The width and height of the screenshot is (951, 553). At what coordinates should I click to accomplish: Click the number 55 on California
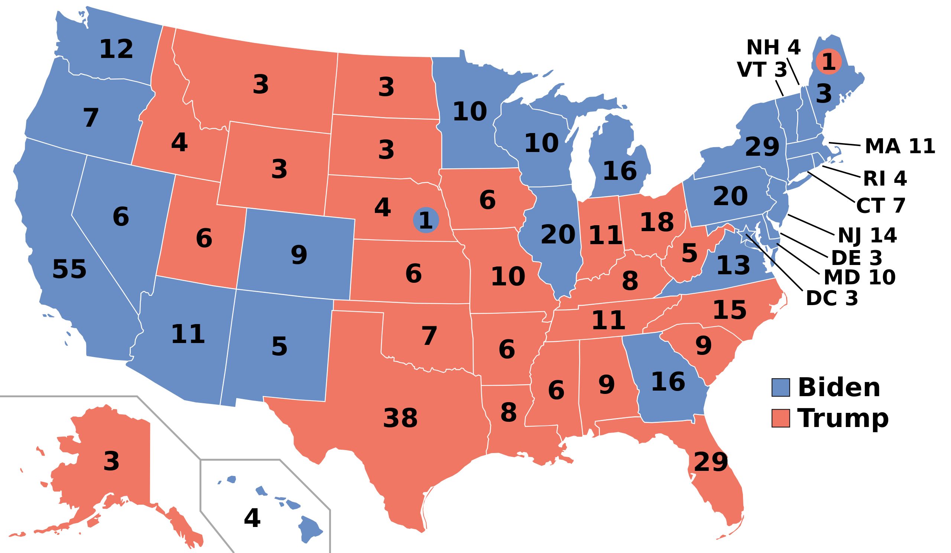coord(69,270)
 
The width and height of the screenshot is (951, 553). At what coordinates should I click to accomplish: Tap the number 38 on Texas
coord(400,418)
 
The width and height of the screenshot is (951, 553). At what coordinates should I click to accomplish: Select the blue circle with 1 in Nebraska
coord(426,220)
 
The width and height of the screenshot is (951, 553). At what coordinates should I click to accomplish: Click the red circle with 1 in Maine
coord(828,62)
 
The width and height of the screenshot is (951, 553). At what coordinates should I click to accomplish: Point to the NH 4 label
coord(773,48)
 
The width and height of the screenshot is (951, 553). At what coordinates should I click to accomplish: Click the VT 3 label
coord(762,70)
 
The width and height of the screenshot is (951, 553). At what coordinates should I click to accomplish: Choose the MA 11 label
coord(900,146)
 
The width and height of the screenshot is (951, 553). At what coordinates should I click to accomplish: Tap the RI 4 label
coord(885,178)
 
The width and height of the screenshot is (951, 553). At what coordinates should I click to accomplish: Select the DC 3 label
coord(832,298)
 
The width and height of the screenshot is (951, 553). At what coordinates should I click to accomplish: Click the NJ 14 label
coord(867,236)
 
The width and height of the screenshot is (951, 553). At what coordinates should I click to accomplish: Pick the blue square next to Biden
coord(780,388)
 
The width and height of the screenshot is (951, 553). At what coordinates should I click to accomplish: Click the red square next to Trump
coord(780,418)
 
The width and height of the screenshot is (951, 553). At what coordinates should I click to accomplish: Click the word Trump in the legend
coord(843,418)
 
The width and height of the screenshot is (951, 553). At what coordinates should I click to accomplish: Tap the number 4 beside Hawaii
coord(252,518)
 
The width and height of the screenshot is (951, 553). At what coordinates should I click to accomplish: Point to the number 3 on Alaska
coord(111,461)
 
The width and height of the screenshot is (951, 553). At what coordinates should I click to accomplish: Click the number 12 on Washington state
coord(116,49)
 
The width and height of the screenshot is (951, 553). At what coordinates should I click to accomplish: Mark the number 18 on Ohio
coord(657,222)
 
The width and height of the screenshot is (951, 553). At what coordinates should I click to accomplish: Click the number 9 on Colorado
coord(299,255)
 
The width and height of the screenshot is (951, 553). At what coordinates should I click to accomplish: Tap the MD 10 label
coord(859,278)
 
